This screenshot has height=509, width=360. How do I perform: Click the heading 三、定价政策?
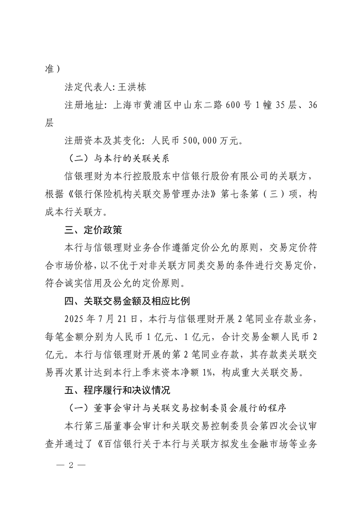93,230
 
